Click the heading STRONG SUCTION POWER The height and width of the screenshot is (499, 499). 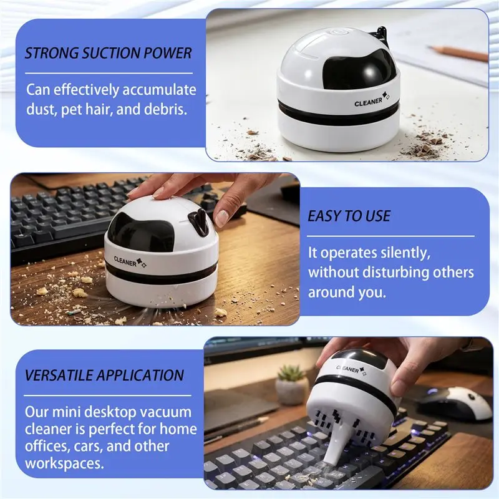[x=109, y=53]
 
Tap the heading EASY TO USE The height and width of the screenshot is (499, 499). [x=349, y=216]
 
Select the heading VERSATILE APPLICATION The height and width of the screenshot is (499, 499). [x=104, y=375]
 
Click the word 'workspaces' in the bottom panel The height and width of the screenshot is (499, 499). [x=64, y=463]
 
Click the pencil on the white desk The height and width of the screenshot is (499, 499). [x=458, y=53]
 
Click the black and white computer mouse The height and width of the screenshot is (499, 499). [x=455, y=404]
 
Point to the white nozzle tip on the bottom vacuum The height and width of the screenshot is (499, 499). [x=332, y=456]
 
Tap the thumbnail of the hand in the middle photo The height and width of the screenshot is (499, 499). [x=221, y=218]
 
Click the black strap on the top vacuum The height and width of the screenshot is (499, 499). [x=382, y=34]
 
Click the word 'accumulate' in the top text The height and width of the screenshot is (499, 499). [x=159, y=90]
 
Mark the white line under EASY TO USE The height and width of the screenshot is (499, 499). [x=390, y=236]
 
